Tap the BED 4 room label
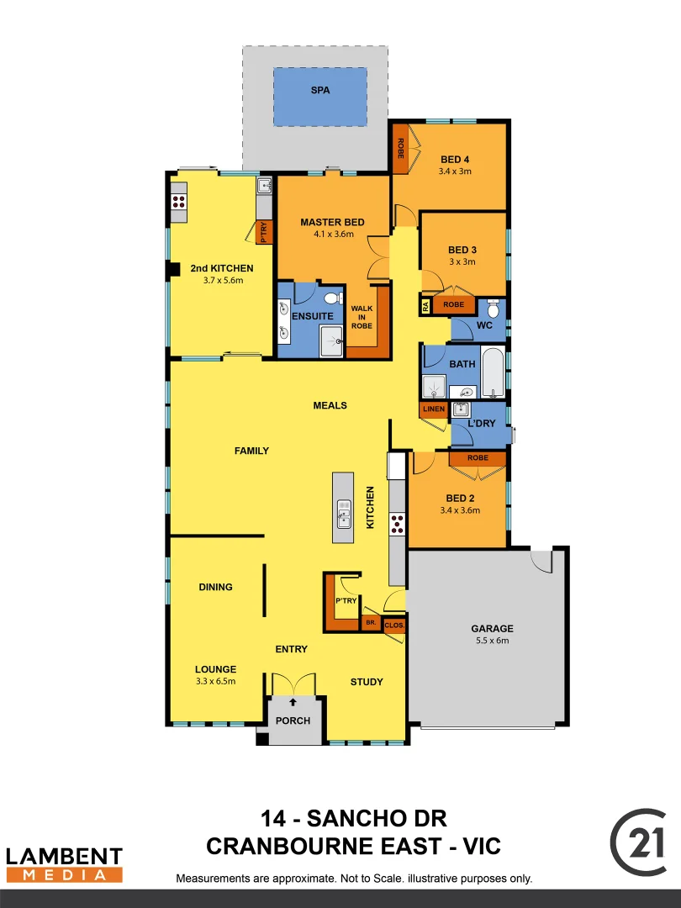tap(455, 160)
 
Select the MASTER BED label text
tap(332, 222)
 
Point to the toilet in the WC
tap(494, 309)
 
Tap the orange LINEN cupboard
tap(434, 409)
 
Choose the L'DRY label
tap(482, 423)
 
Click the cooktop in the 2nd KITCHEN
tap(178, 202)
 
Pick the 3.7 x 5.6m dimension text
tap(222, 280)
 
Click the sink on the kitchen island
tap(344, 509)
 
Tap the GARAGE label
tap(492, 628)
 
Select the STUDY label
tap(367, 682)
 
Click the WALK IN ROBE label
tap(362, 318)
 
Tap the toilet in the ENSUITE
tap(332, 298)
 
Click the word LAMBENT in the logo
tap(64, 856)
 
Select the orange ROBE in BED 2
tap(478, 458)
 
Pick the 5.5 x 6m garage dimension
tap(492, 641)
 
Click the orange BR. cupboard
tap(370, 623)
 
